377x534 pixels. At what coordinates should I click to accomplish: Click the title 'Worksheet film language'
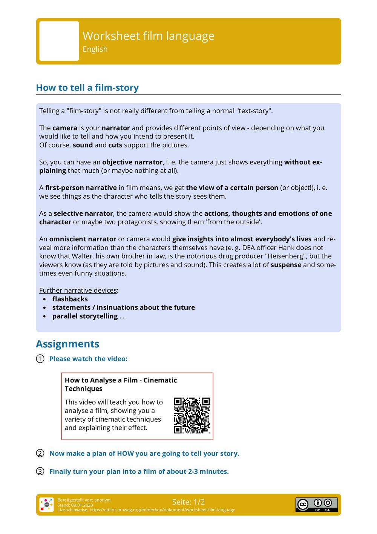[148, 36]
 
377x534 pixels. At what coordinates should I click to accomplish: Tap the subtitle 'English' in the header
[95, 49]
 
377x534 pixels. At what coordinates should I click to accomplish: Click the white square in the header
[59, 41]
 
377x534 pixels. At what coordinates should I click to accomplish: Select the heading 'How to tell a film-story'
[87, 88]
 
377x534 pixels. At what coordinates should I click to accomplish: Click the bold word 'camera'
[65, 128]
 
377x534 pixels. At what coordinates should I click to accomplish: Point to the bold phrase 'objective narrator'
[132, 162]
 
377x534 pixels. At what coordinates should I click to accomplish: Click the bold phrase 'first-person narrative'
[81, 188]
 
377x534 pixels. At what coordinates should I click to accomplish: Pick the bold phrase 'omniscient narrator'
[83, 239]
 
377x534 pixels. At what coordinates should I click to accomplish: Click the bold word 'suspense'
[286, 265]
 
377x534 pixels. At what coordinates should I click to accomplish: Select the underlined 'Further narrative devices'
[78, 290]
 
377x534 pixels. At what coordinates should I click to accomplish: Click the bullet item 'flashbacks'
[70, 299]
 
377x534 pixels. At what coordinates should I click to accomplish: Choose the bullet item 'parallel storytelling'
[85, 316]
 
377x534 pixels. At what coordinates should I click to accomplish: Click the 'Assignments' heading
[67, 344]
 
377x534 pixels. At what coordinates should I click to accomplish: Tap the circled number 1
[40, 359]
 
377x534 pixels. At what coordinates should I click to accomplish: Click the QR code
[192, 415]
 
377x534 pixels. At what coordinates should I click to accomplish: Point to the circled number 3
[40, 471]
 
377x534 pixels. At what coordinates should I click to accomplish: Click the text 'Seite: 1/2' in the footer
[188, 502]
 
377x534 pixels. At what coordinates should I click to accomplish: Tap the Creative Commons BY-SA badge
[316, 504]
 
